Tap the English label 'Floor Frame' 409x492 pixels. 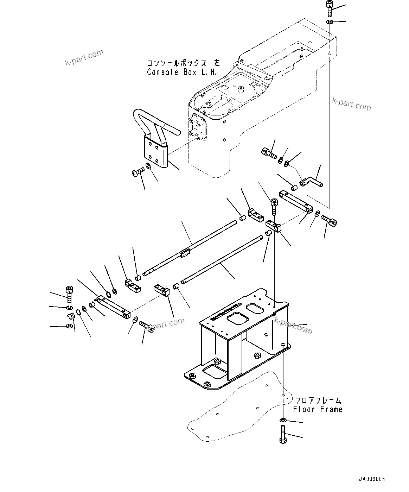pos(318,409)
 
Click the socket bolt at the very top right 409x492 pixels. pos(330,8)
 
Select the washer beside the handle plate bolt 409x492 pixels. pos(148,166)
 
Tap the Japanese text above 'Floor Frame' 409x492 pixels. pos(318,400)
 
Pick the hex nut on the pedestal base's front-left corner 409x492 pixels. pos(192,376)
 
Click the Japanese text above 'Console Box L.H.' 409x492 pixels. pos(183,63)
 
